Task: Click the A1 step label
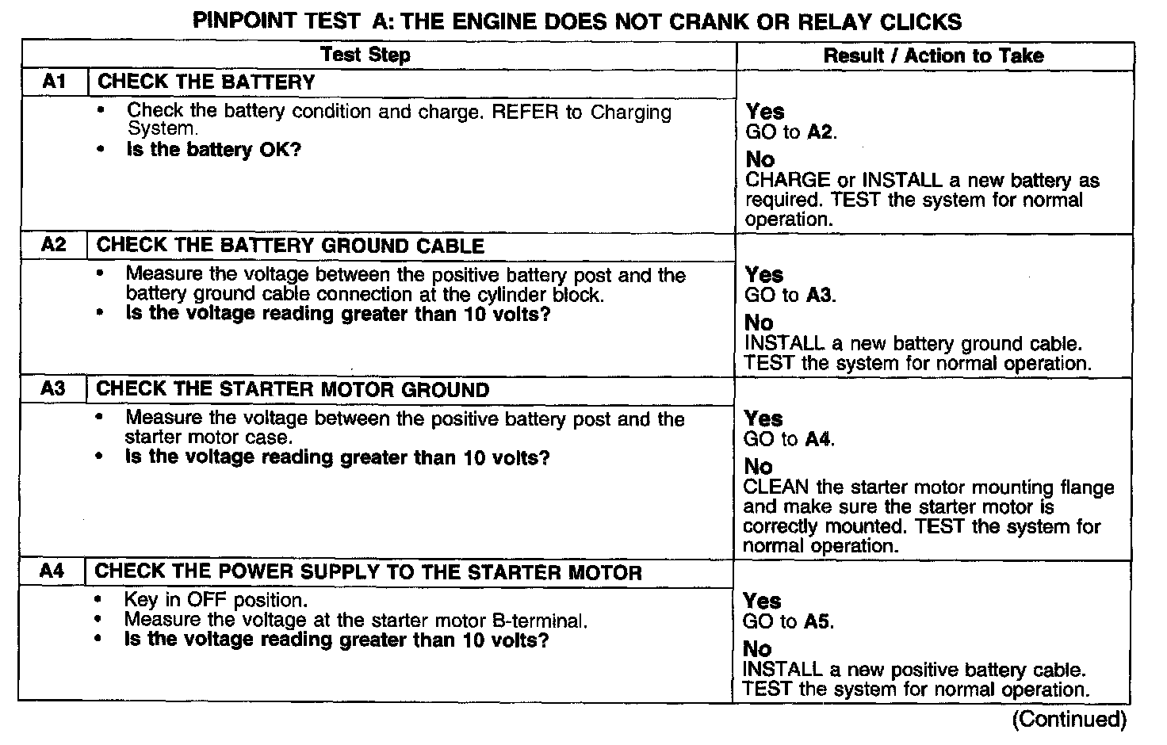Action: pos(54,82)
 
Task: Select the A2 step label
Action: pos(54,245)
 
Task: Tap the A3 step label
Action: pos(53,389)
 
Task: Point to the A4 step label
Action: pos(52,571)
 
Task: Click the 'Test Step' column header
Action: pos(365,55)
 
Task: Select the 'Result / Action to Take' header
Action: pos(933,55)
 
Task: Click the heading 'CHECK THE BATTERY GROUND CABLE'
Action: pos(290,246)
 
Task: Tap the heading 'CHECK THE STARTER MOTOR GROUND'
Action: pos(293,390)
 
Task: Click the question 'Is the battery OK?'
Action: pos(214,150)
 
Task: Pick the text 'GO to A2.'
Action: pos(790,132)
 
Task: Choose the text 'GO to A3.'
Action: pos(790,296)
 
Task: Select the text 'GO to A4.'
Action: pos(789,439)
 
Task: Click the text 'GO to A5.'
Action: pos(788,621)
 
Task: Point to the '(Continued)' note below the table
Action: pos(1069,719)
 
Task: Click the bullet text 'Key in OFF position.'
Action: pos(216,600)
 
